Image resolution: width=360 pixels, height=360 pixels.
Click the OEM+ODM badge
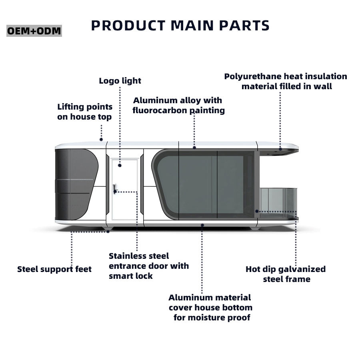tap(34, 31)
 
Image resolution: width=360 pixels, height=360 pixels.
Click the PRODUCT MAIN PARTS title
tap(180, 26)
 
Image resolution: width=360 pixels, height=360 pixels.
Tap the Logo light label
tap(120, 81)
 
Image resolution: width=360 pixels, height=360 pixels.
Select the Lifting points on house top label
tap(85, 112)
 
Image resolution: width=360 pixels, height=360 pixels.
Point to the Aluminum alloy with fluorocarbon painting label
tap(178, 105)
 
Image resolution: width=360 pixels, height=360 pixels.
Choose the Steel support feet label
tap(54, 269)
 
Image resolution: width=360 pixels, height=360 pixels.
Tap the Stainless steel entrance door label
tap(148, 266)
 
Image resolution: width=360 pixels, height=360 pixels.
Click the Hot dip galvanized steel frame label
tap(286, 274)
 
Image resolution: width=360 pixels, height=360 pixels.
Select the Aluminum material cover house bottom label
tap(210, 308)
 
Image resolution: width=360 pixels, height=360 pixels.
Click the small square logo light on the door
tap(120, 164)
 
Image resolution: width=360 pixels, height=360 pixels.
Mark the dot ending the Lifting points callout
tap(101, 140)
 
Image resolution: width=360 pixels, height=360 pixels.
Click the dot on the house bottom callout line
tap(202, 225)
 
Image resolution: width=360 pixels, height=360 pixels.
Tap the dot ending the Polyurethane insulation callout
tap(280, 149)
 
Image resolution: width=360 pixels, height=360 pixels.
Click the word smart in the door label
tap(120, 276)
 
